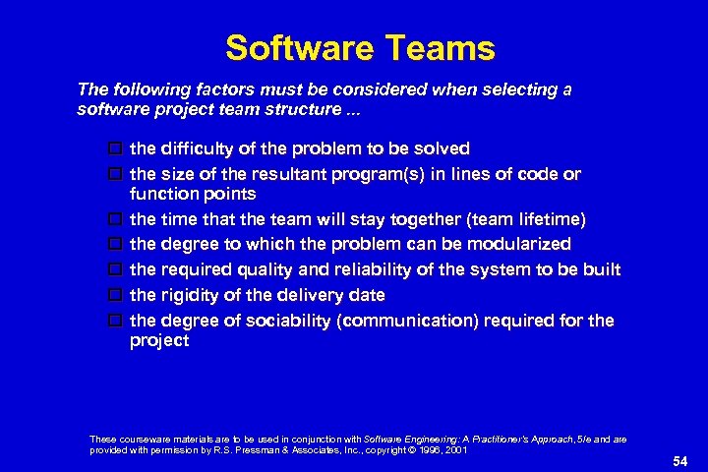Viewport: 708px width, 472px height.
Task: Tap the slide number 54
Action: [679, 461]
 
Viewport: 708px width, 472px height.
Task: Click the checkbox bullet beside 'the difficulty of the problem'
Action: [115, 149]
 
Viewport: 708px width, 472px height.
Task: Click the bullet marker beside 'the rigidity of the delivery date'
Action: [115, 295]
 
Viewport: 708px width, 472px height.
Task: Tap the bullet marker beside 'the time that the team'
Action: [115, 218]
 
